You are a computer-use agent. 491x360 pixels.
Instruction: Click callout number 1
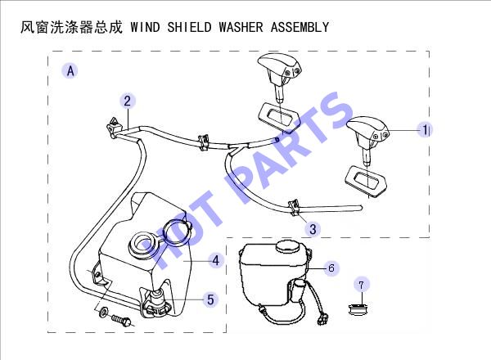point(425,129)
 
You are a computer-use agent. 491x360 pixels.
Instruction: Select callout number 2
point(127,101)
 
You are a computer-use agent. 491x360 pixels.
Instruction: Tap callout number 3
point(313,229)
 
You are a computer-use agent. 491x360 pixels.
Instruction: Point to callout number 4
point(216,260)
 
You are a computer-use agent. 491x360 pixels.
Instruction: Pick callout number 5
point(211,299)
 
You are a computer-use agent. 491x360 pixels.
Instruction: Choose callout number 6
point(331,268)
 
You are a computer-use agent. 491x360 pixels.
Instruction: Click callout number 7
point(362,285)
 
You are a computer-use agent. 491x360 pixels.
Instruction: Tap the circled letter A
point(70,70)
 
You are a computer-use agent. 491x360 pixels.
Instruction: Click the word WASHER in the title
point(241,27)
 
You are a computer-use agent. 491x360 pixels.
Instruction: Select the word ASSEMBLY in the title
point(300,27)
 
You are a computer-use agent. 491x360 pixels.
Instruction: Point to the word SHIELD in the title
point(189,27)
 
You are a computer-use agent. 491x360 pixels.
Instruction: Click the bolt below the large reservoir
point(122,320)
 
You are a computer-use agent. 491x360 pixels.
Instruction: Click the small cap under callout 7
point(358,310)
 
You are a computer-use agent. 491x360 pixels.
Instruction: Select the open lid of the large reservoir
point(177,232)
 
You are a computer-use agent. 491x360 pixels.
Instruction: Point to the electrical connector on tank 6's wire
point(322,320)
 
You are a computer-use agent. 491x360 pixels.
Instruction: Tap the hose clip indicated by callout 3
point(294,207)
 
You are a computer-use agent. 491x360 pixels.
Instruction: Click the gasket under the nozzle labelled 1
point(366,182)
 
